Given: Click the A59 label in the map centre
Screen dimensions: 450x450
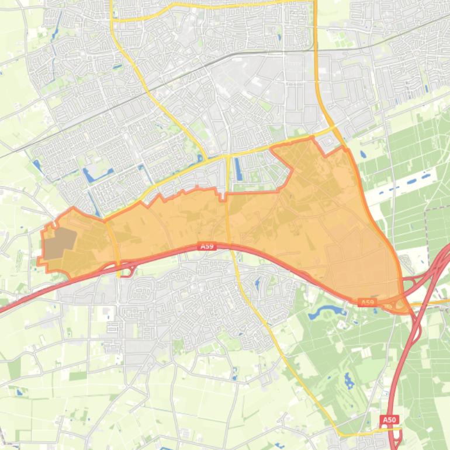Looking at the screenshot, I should tap(206, 247).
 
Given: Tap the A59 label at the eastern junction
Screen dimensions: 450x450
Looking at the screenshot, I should tap(366, 302).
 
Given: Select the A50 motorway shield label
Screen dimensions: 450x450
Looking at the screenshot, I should tap(389, 420).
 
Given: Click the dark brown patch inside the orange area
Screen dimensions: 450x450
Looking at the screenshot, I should tap(61, 244).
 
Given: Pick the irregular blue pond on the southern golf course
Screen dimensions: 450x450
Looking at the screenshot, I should tap(349, 382).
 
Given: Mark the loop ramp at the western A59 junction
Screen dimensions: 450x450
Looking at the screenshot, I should tap(128, 270).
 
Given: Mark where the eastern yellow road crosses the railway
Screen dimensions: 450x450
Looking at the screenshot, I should tap(316, 51).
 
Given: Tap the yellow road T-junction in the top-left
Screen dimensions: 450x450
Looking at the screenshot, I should tap(112, 19).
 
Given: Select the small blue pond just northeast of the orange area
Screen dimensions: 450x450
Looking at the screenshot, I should tap(363, 155).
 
